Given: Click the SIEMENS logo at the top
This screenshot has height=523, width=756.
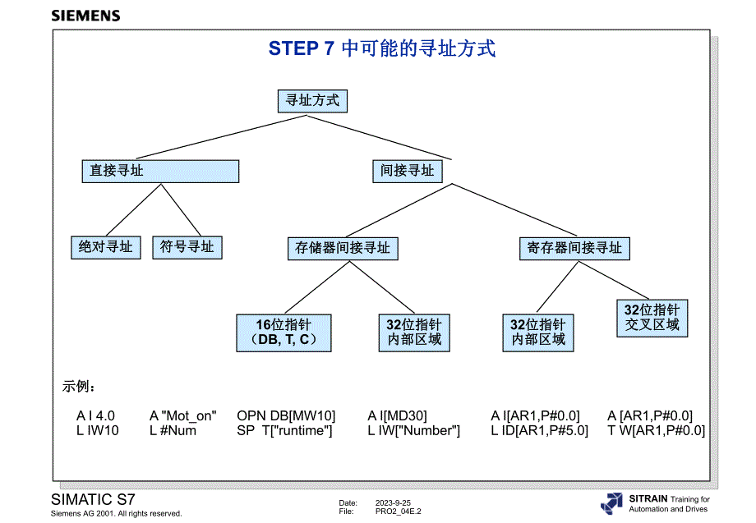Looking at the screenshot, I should (x=85, y=16).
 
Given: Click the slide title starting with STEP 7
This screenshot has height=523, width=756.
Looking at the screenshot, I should (x=381, y=49).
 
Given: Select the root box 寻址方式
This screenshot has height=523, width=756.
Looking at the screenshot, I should (x=311, y=101).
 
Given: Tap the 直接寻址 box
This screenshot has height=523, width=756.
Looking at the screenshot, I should (x=160, y=171).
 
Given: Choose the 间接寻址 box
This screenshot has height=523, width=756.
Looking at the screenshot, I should (x=408, y=171).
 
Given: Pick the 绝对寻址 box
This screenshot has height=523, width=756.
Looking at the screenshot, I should (x=105, y=247).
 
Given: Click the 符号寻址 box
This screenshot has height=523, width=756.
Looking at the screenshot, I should (x=187, y=247).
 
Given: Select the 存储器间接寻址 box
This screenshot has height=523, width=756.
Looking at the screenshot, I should (x=343, y=248).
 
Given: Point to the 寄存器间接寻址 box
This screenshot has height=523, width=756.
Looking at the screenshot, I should (x=574, y=248).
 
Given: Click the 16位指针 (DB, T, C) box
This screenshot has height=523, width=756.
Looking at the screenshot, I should (x=283, y=333).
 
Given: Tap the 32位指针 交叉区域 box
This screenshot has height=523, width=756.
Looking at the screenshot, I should (x=652, y=318).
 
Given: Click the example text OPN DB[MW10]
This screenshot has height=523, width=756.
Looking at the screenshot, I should (x=286, y=416).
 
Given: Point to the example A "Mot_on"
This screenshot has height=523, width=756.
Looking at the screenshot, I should (x=182, y=416).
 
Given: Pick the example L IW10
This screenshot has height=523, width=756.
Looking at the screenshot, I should (x=98, y=431).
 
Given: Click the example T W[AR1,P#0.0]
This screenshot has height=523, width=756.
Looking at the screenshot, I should (x=656, y=431).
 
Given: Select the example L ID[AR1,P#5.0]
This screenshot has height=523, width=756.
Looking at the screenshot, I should (x=540, y=431).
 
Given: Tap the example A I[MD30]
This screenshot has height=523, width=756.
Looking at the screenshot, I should (x=397, y=416).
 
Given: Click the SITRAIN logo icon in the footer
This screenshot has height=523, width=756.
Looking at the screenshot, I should (x=611, y=503).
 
